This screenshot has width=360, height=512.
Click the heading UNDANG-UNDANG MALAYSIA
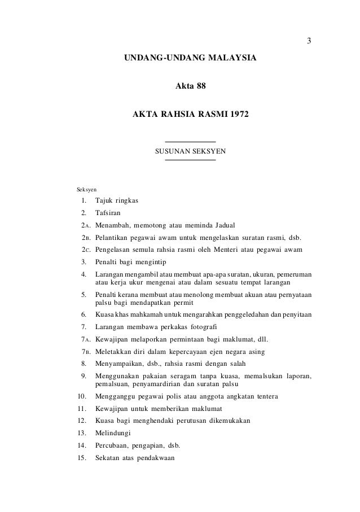pos(190,58)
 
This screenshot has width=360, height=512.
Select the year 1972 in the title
pos(237,115)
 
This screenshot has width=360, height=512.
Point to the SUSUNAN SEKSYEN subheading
pos(190,151)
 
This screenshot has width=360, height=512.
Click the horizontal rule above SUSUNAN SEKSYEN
pos(190,141)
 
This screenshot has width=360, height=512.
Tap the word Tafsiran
pos(108,213)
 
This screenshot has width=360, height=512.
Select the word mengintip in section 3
pos(153,261)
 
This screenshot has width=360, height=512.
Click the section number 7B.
pos(85,352)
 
